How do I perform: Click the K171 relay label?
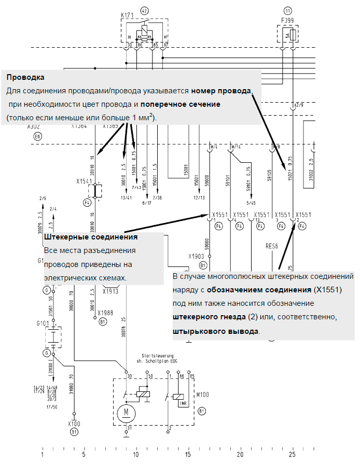(x=128, y=16)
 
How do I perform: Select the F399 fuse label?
(x=288, y=20)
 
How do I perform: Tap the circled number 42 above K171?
(x=144, y=10)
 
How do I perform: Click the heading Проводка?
(x=25, y=77)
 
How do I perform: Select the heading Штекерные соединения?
(x=91, y=237)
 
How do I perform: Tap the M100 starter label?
(x=203, y=395)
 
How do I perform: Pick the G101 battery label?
(x=43, y=323)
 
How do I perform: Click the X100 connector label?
(x=74, y=424)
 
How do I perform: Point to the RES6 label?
(x=272, y=246)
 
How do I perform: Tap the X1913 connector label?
(x=111, y=291)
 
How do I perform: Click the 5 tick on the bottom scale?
(x=84, y=455)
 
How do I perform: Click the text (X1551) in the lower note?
(x=327, y=289)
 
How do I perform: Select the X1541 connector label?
(x=85, y=182)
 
